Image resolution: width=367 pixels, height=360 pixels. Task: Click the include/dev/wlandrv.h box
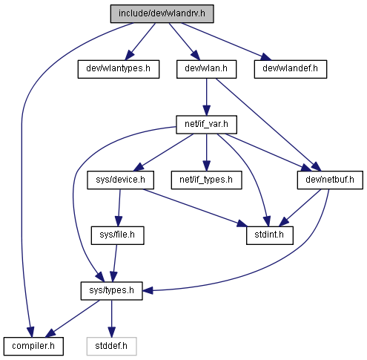[162, 13]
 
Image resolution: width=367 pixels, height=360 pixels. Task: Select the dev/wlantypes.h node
[119, 69]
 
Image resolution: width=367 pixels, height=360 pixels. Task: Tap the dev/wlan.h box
[206, 69]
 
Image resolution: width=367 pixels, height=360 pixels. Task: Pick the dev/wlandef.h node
[291, 69]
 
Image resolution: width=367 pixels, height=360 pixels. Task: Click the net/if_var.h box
[206, 125]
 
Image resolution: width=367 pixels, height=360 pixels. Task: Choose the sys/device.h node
[120, 180]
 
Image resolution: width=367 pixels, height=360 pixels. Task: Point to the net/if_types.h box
[206, 180]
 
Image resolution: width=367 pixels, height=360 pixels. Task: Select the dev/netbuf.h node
[330, 180]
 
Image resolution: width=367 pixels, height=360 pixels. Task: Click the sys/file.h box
[117, 235]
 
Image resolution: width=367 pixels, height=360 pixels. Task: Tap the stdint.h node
[270, 235]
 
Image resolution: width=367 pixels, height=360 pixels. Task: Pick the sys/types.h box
[111, 291]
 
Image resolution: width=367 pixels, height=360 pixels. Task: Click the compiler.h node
[33, 346]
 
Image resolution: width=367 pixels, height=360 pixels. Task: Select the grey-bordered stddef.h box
[111, 346]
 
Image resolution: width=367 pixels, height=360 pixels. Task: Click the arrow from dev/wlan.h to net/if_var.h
[207, 97]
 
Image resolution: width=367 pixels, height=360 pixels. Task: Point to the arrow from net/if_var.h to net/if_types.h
[207, 152]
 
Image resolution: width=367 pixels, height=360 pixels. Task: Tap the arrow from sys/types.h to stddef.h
[111, 318]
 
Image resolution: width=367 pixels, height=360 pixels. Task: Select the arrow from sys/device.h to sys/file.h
[119, 208]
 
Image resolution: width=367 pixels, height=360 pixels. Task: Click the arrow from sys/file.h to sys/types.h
[115, 264]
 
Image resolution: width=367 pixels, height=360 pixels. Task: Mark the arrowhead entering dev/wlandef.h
[266, 57]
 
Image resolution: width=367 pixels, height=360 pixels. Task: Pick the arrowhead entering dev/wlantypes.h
[130, 55]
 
